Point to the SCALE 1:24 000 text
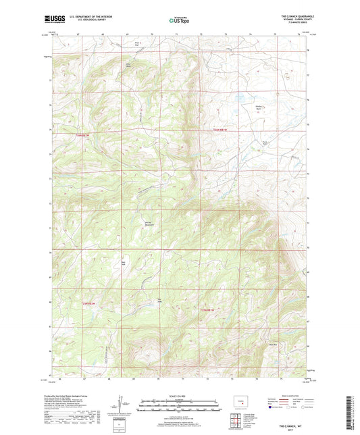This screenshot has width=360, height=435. click(x=180, y=396)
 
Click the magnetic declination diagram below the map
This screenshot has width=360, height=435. click(x=121, y=407)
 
